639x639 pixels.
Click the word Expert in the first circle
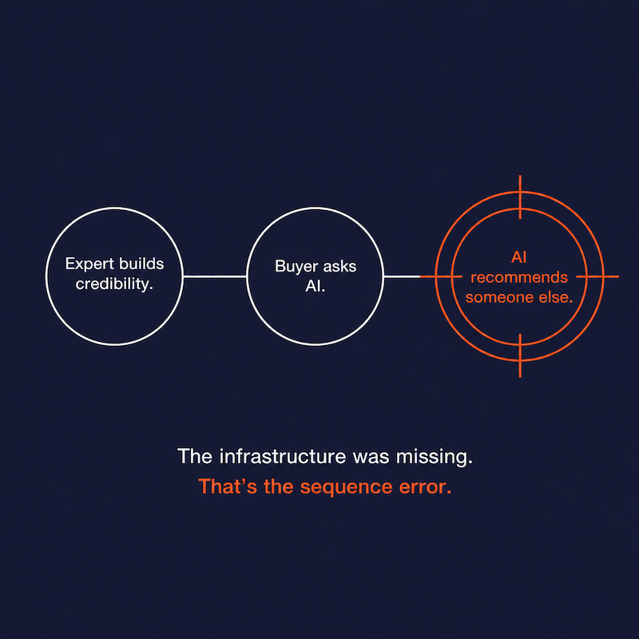coord(89,264)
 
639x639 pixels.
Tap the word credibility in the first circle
coord(114,284)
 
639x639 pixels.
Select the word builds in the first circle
coord(141,264)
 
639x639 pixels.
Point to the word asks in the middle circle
coord(338,267)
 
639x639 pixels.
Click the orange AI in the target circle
coord(518,257)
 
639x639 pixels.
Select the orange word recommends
coord(519,277)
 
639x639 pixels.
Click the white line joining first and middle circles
coord(215,276)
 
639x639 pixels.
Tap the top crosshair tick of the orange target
coord(520,197)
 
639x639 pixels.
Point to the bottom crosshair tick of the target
coord(520,355)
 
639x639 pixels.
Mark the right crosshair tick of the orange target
coord(597,276)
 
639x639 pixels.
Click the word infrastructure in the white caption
coord(283,456)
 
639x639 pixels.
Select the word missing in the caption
coord(435,457)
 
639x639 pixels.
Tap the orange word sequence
coord(346,487)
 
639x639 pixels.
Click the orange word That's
coord(228,486)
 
